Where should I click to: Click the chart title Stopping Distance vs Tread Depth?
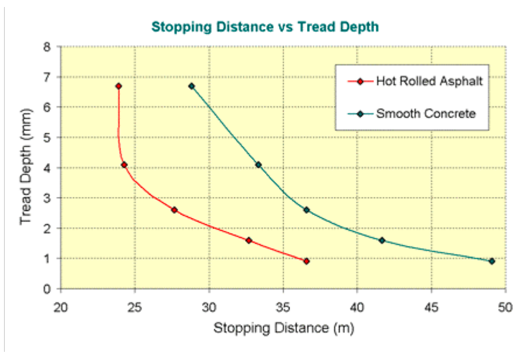265,27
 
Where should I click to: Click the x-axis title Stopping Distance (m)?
284,328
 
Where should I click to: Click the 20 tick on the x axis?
61,306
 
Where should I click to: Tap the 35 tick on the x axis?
283,306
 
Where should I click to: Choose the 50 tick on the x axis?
506,306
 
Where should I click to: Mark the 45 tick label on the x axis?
432,306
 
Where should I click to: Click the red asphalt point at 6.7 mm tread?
118,86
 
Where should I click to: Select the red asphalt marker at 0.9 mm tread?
306,262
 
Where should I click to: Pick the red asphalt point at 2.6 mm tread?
174,210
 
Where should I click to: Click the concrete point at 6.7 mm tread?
192,86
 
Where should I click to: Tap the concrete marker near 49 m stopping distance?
492,262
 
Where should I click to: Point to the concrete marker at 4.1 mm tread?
259,165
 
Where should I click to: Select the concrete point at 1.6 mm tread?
382,240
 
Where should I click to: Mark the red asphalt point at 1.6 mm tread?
249,240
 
